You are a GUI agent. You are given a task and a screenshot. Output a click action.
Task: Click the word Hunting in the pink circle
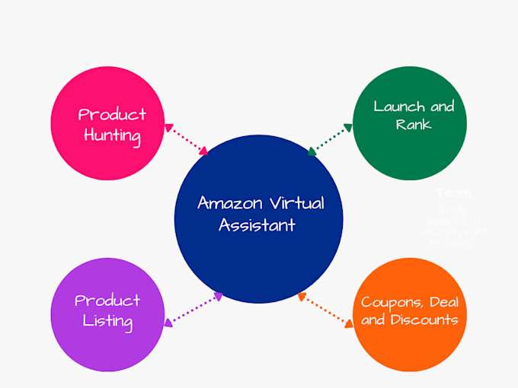click(113, 137)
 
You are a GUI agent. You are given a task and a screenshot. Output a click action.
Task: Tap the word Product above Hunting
click(112, 115)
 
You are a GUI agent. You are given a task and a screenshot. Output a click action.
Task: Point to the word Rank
click(414, 124)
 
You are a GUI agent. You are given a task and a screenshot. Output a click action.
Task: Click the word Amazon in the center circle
click(225, 203)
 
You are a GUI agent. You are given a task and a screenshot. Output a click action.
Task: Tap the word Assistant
click(257, 225)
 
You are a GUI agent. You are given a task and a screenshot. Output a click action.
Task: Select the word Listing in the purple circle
click(108, 321)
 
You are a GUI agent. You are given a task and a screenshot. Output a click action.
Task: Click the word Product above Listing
click(107, 300)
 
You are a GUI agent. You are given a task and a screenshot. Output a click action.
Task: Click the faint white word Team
click(453, 193)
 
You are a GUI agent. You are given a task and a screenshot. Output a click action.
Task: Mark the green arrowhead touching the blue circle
click(312, 151)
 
